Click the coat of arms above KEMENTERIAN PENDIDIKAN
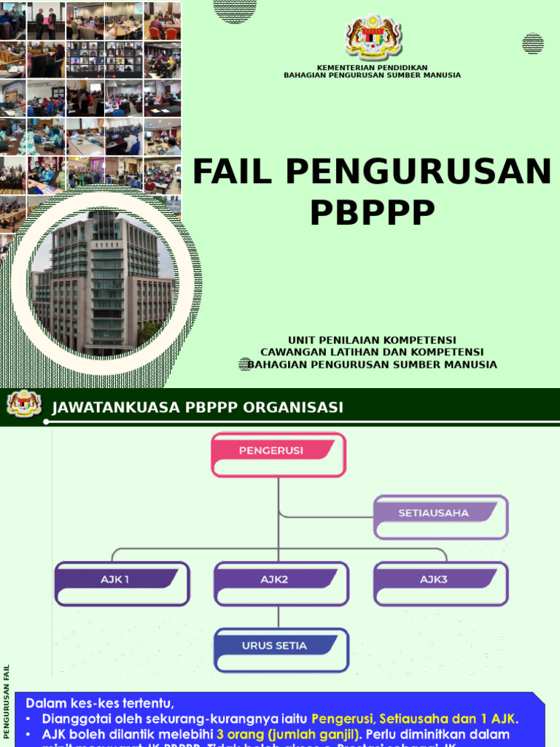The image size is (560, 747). point(373,36)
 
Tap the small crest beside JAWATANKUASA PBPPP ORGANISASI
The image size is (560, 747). point(24,403)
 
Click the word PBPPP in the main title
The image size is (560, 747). point(372,212)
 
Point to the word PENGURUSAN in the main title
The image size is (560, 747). point(419,172)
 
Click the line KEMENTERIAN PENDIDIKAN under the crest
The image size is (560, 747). point(372,67)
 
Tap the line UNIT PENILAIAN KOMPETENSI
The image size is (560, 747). point(372,340)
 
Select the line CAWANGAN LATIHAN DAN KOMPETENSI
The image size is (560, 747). point(372,352)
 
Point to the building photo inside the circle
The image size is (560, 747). point(103,284)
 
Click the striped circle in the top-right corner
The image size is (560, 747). point(533,44)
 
